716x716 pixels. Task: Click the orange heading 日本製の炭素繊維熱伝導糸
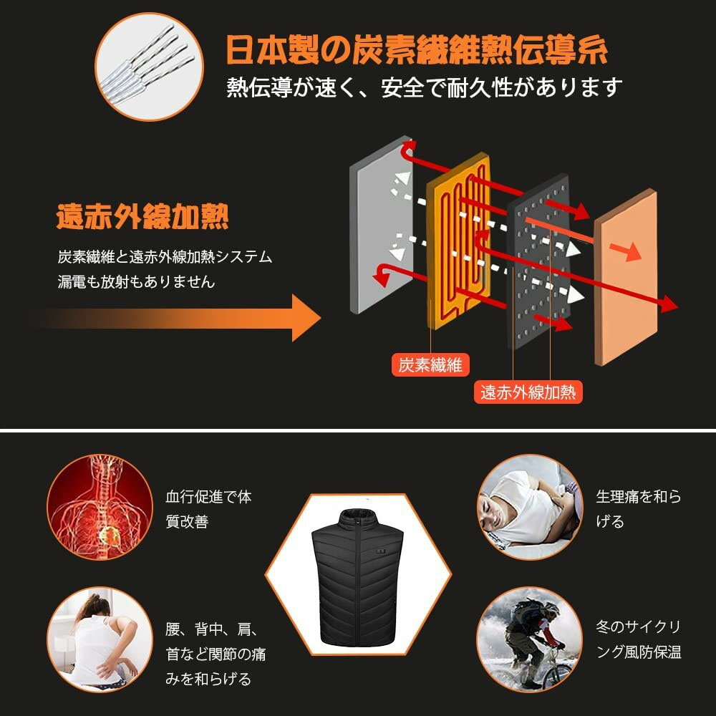417,49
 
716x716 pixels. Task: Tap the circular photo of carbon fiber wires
150,67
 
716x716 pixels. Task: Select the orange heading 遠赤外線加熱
142,216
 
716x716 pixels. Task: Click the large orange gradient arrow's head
306,318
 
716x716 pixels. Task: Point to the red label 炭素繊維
430,364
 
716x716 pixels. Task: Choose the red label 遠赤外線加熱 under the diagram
528,392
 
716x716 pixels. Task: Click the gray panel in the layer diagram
382,225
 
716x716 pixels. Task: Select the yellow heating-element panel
458,241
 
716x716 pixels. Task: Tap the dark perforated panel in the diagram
539,261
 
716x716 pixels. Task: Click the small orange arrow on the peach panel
625,251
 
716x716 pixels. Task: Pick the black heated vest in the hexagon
358,577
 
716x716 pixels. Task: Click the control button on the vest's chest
382,551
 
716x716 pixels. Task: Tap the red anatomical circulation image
100,507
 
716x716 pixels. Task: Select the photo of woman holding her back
100,639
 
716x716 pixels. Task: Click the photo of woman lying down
530,507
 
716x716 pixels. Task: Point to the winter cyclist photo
530,639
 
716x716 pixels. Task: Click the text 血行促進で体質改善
208,508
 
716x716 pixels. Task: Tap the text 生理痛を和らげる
639,508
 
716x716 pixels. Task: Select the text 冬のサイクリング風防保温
639,639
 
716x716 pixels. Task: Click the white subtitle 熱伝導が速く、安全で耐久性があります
425,87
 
